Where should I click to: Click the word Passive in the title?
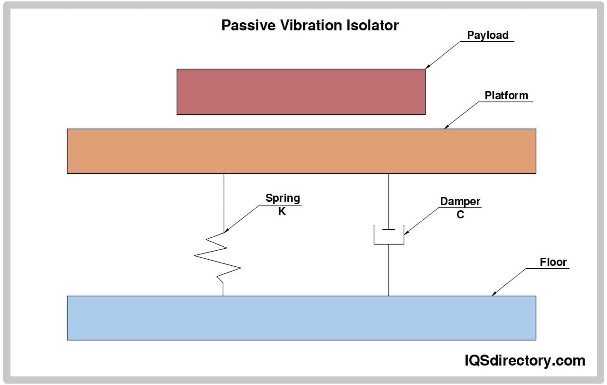click(248, 26)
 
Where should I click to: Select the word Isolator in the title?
click(372, 26)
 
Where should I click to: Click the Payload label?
click(487, 36)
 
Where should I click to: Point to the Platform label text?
click(506, 95)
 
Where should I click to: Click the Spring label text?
click(283, 198)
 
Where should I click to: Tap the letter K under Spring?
click(282, 211)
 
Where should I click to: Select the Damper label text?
click(460, 202)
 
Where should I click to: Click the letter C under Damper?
click(460, 215)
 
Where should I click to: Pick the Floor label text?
click(553, 262)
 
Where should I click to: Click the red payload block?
click(301, 92)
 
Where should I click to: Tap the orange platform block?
click(301, 151)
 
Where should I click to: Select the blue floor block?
click(301, 318)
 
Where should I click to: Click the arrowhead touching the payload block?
click(428, 66)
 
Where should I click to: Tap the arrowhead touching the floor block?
click(494, 293)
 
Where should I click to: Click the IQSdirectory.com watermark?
click(525, 361)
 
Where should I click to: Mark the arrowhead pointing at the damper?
click(407, 233)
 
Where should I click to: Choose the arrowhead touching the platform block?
click(447, 126)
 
